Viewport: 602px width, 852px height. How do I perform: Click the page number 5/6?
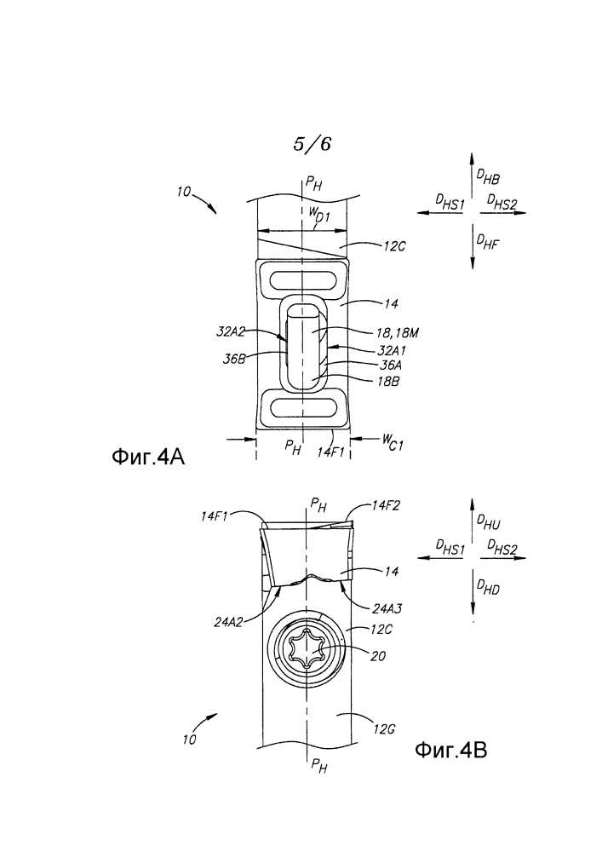(312, 144)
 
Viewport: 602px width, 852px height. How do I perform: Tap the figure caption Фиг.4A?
(148, 457)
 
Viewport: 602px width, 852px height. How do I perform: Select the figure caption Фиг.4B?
(450, 751)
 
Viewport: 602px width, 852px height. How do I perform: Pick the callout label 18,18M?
(398, 332)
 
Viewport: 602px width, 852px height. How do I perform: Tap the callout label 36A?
(390, 366)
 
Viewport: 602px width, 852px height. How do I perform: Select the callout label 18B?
(388, 382)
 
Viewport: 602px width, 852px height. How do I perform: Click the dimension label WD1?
(319, 216)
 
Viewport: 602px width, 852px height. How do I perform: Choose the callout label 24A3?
(387, 609)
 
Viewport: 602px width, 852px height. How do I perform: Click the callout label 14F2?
(386, 506)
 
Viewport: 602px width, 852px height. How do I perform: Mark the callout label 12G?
(384, 729)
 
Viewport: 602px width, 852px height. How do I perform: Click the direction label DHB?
(487, 177)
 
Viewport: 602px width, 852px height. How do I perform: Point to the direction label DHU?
(487, 522)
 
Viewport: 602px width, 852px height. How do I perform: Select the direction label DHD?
(487, 587)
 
